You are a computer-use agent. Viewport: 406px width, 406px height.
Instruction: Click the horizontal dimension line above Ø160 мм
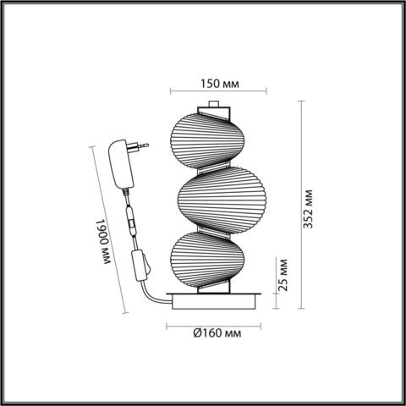coord(211,320)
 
